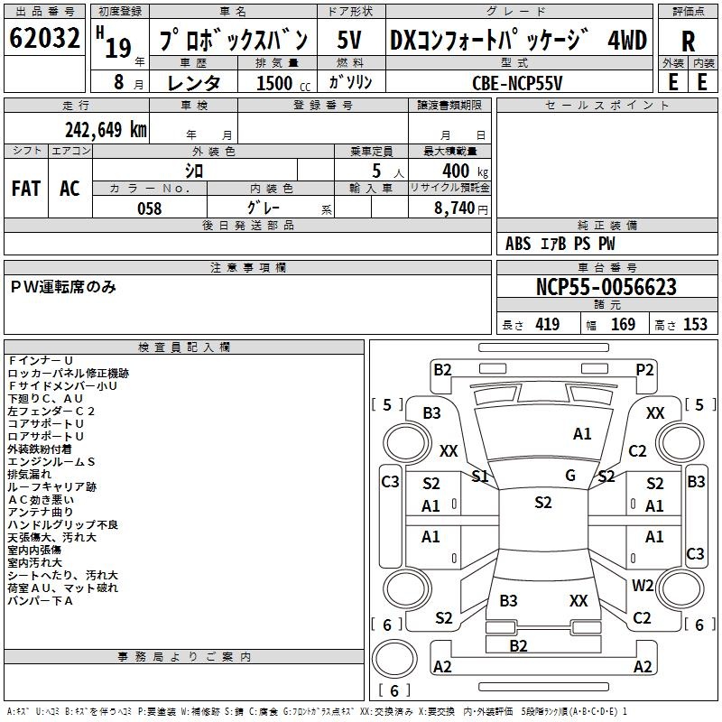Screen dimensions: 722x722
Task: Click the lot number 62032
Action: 44,38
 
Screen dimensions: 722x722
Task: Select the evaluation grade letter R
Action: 688,42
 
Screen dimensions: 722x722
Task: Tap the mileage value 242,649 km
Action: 106,130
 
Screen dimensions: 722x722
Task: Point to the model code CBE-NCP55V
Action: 517,83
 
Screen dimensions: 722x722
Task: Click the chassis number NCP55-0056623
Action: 606,287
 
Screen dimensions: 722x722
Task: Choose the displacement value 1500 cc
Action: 283,83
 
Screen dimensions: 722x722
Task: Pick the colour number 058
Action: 150,208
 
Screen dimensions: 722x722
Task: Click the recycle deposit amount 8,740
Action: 455,208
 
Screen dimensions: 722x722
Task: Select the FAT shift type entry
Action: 26,189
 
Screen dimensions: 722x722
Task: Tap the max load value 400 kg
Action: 465,171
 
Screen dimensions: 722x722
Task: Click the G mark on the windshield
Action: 570,476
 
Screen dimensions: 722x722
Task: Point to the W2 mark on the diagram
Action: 643,585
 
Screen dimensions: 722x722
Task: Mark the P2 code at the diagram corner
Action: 644,370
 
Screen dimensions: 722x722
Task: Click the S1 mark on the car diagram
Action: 480,477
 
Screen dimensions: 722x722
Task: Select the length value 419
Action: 547,324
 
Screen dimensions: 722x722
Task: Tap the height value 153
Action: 695,324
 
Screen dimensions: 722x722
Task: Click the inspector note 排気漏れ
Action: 30,475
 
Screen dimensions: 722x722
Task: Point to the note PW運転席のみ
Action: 63,287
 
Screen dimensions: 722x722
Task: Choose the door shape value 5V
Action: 348,40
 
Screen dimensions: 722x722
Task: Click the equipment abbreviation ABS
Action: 518,244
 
